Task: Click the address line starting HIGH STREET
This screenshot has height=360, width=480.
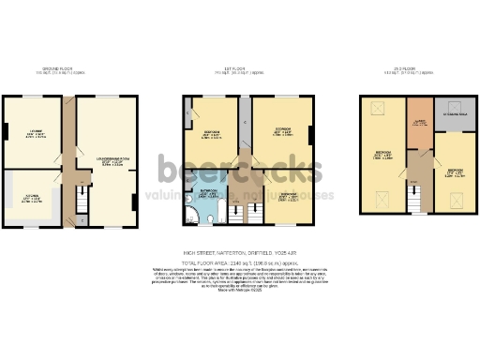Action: [240, 252]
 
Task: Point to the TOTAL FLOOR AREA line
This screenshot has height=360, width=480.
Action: [240, 262]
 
